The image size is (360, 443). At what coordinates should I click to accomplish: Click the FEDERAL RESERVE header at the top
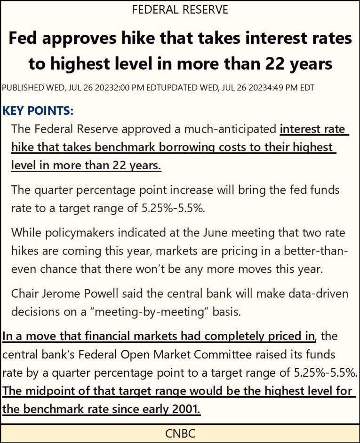[x=180, y=9]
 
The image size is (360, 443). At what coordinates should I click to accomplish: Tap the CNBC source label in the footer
[x=180, y=433]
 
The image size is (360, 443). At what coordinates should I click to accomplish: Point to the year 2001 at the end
[x=186, y=409]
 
